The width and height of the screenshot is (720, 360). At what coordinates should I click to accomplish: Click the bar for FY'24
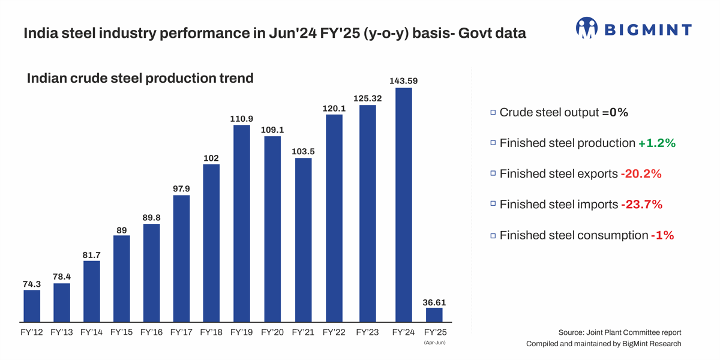click(404, 204)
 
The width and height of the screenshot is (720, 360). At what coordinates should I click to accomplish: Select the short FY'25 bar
click(434, 315)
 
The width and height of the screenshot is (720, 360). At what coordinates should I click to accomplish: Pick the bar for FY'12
click(32, 306)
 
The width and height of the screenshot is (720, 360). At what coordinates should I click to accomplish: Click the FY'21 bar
click(303, 240)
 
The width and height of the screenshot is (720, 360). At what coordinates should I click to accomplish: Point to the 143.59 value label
click(404, 80)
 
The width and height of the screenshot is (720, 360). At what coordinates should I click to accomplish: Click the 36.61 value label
click(434, 302)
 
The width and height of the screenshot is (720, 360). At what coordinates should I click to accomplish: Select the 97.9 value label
click(181, 188)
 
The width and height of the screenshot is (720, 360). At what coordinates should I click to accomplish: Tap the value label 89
click(121, 230)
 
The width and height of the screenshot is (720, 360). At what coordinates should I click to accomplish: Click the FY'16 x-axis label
click(151, 332)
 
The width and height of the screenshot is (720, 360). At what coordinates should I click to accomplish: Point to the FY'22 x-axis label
click(334, 332)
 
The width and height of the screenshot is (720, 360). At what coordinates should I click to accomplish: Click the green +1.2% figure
click(657, 143)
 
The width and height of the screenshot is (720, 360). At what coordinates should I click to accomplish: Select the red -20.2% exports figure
click(641, 173)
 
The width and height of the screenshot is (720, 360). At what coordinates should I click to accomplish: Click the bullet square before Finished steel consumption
click(493, 236)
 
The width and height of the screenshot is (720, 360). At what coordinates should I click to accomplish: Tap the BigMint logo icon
click(586, 28)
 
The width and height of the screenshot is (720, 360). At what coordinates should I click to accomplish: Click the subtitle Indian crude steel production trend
click(140, 78)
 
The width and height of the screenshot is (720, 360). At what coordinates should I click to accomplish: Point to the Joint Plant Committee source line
click(619, 332)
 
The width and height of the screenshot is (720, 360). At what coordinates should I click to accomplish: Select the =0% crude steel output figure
click(615, 112)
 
